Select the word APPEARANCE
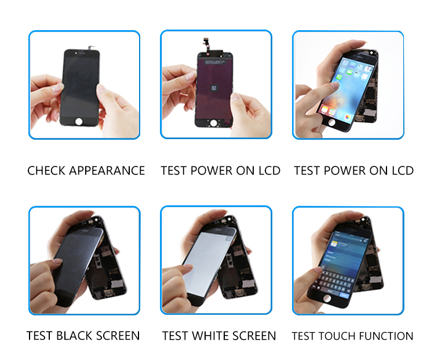107,170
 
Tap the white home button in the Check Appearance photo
79,121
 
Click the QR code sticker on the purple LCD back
214,88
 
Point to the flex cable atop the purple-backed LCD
206,44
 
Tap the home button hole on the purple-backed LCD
213,123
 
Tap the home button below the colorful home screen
331,122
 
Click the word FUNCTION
386,336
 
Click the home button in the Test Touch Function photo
327,298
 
